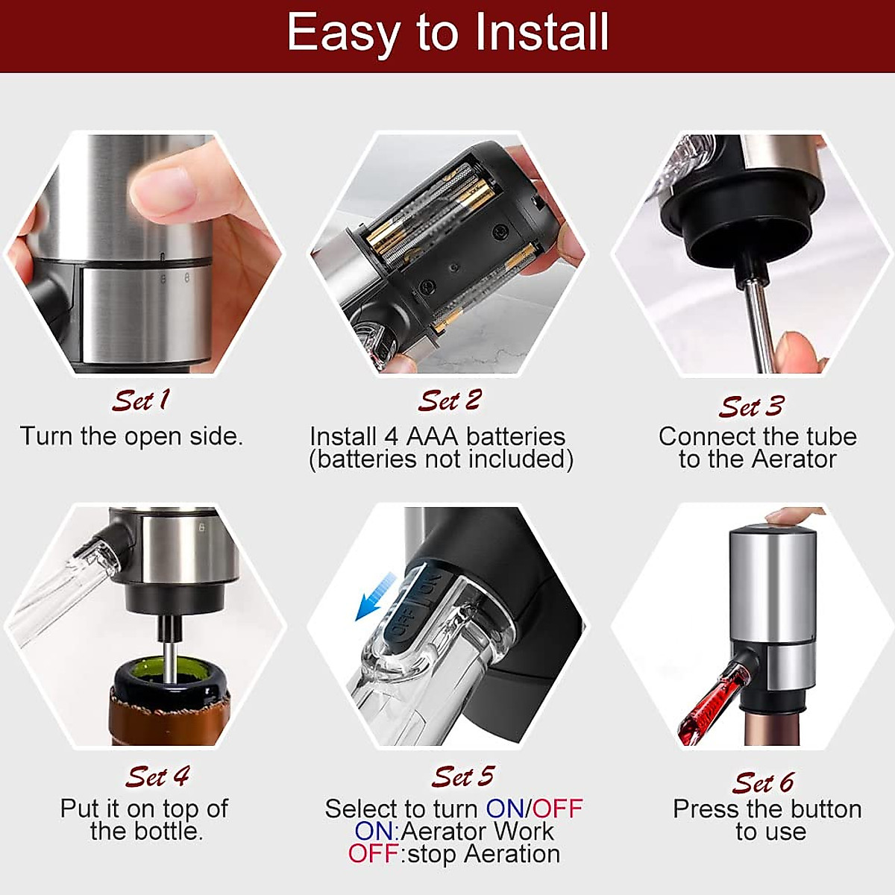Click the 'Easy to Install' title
447,33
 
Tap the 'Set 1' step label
141,401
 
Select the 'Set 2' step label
450,401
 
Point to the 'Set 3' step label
751,406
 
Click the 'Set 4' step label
157,776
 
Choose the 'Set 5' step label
462,776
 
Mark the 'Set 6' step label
763,782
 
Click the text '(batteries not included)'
442,459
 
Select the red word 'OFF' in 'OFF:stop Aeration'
373,854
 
